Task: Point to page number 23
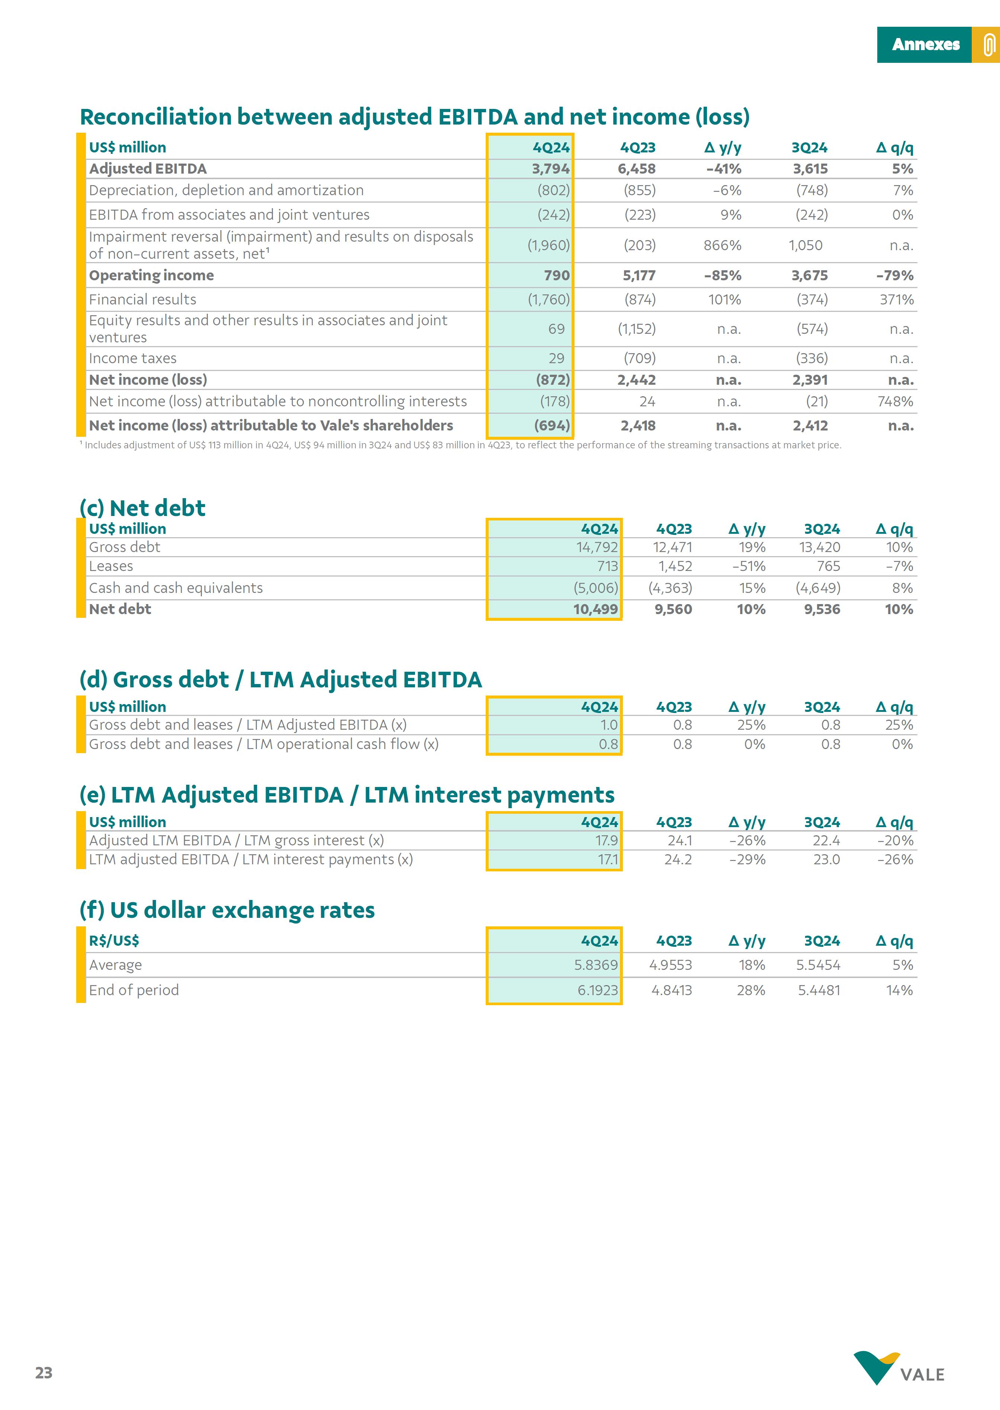pyautogui.click(x=44, y=1372)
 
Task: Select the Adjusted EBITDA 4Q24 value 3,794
pyautogui.click(x=550, y=169)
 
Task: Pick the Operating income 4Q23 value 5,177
pyautogui.click(x=639, y=275)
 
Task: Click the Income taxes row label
pyautogui.click(x=132, y=358)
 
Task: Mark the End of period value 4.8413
pyautogui.click(x=671, y=990)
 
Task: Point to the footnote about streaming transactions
pyautogui.click(x=460, y=445)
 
